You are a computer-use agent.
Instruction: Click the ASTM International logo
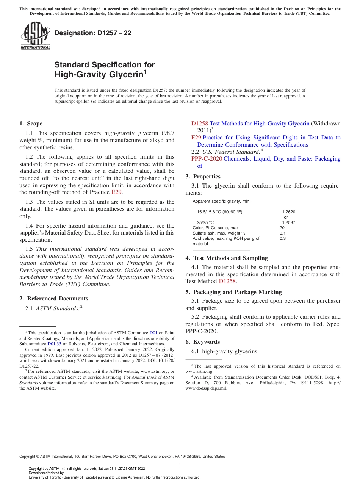pyautogui.click(x=35, y=36)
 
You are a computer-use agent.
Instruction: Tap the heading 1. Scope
pyautogui.click(x=31, y=124)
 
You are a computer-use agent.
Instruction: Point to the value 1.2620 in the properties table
pyautogui.click(x=288, y=212)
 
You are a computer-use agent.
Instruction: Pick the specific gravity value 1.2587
pyautogui.click(x=288, y=222)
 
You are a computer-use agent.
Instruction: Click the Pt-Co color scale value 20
pyautogui.click(x=282, y=228)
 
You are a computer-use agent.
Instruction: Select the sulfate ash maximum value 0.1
pyautogui.click(x=282, y=233)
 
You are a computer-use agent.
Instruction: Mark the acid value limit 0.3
pyautogui.click(x=282, y=238)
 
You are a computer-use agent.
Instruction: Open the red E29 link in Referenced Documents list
pyautogui.click(x=196, y=138)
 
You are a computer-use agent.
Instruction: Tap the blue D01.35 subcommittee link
pyautogui.click(x=54, y=344)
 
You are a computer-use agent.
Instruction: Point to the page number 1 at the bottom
pyautogui.click(x=180, y=465)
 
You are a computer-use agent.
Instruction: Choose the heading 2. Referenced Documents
pyautogui.click(x=53, y=299)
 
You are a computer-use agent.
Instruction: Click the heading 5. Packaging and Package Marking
pyautogui.click(x=233, y=292)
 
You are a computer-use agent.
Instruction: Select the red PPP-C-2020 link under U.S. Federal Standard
pyautogui.click(x=207, y=159)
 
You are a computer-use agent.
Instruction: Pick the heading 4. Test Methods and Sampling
pyautogui.click(x=227, y=258)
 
